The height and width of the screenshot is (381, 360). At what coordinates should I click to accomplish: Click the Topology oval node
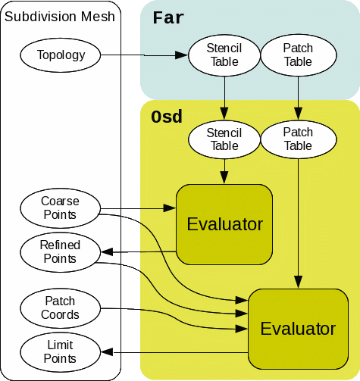click(x=61, y=55)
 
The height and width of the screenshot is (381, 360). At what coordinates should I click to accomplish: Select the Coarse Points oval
click(x=60, y=208)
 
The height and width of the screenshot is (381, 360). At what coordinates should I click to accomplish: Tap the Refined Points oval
click(x=60, y=252)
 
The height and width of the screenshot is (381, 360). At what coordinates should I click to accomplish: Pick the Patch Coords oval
click(x=60, y=308)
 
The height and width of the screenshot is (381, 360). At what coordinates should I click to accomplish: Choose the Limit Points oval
click(x=60, y=352)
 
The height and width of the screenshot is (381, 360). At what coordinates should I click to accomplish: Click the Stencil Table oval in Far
click(x=224, y=55)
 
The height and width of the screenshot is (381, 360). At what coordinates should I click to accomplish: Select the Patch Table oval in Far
click(x=298, y=55)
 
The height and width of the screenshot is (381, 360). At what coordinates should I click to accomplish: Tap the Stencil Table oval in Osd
click(x=224, y=139)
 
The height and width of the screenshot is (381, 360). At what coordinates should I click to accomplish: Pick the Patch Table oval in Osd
click(x=298, y=139)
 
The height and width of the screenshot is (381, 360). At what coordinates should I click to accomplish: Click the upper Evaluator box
click(x=224, y=224)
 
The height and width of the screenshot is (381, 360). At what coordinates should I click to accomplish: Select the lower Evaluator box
click(x=297, y=329)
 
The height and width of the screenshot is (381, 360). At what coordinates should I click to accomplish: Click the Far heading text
click(x=167, y=17)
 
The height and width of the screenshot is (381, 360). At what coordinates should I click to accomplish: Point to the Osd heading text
click(x=166, y=117)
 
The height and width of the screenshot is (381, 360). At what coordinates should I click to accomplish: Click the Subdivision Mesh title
click(x=60, y=16)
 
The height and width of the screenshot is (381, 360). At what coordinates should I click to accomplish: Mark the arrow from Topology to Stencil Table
click(x=144, y=55)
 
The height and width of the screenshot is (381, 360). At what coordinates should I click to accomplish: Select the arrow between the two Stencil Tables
click(x=224, y=97)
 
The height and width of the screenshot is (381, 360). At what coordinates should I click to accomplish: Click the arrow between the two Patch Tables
click(x=298, y=97)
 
